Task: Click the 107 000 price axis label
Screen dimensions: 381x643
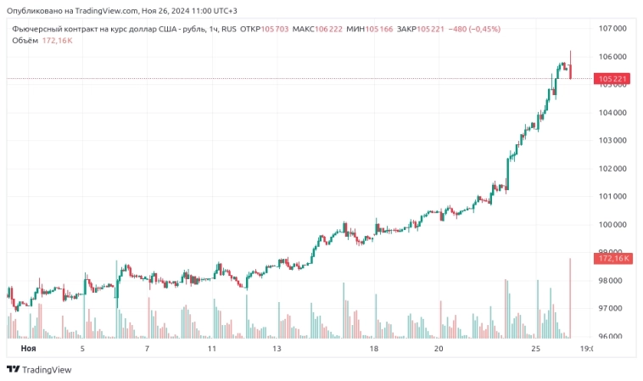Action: tap(612, 28)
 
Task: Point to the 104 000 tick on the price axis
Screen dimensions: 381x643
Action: tap(612, 112)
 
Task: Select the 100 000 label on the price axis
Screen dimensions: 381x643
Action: tap(612, 225)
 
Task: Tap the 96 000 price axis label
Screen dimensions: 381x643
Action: tap(612, 336)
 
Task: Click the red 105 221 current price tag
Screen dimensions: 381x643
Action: tap(612, 79)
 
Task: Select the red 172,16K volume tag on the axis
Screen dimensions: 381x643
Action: tap(612, 258)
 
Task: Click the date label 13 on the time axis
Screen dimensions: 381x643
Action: tap(277, 349)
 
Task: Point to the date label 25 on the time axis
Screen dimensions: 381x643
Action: tap(535, 349)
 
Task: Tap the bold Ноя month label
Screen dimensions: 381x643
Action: tap(28, 349)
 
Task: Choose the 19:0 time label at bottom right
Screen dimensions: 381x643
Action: tap(585, 349)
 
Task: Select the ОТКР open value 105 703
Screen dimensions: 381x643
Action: tap(274, 29)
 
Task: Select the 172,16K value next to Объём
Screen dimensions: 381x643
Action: tap(57, 40)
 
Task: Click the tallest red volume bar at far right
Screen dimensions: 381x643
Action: tap(570, 297)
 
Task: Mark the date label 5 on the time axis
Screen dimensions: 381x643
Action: tap(82, 349)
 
